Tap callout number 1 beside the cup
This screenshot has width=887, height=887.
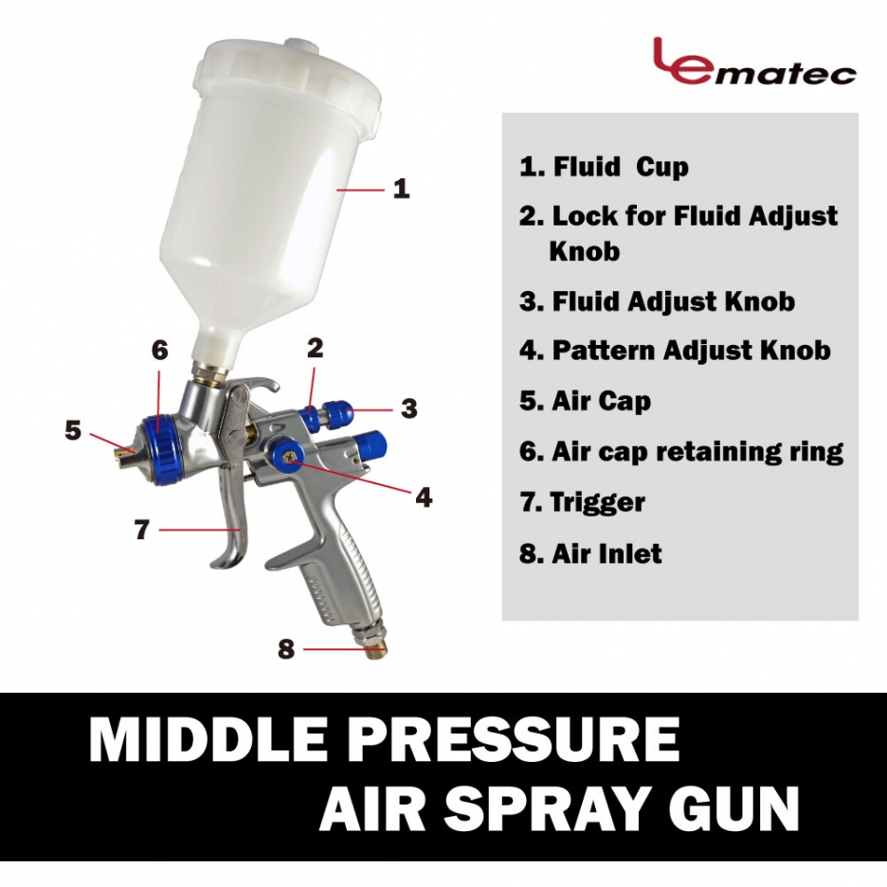[x=401, y=189]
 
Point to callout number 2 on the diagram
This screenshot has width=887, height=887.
[x=315, y=348]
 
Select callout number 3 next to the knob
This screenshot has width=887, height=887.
[x=408, y=407]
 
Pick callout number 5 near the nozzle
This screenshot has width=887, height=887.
[x=73, y=430]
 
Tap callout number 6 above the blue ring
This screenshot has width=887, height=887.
[x=160, y=351]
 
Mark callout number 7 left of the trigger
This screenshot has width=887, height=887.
[x=141, y=530]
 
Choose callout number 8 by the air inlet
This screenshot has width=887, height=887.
[x=285, y=649]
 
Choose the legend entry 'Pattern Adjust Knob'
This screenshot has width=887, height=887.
[x=676, y=351]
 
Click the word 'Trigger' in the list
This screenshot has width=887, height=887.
[x=597, y=503]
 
